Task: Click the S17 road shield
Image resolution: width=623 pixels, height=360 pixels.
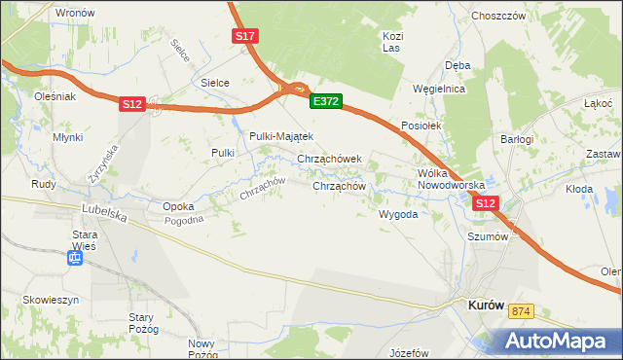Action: point(245,36)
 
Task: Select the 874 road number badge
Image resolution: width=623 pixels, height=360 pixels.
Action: point(522,310)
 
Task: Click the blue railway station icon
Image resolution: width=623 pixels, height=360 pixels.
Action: point(75,258)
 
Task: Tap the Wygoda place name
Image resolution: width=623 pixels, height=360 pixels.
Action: point(398,213)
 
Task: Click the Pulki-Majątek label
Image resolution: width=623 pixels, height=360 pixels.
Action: point(280,136)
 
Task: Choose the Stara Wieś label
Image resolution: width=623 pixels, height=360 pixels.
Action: point(87,240)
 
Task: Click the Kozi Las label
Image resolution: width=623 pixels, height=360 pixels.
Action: point(392,41)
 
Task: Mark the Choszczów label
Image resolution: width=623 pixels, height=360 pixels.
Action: point(497,17)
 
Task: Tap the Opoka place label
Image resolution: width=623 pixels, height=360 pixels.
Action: point(178,206)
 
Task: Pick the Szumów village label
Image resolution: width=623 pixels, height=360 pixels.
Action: point(489,235)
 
